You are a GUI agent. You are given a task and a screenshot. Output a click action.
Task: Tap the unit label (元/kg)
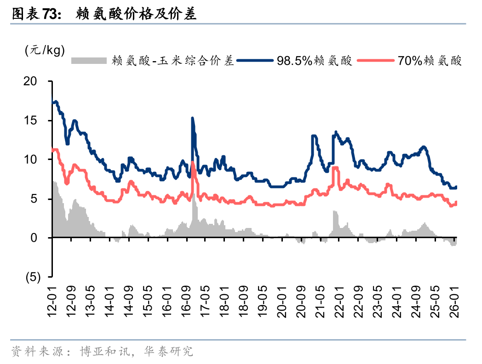click(44, 50)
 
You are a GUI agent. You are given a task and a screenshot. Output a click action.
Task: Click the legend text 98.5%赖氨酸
click(314, 60)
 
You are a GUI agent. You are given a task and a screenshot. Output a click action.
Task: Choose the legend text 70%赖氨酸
click(430, 60)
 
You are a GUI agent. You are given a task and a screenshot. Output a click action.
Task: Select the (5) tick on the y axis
click(34, 277)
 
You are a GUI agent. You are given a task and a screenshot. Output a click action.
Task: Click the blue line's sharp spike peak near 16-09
click(192, 118)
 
